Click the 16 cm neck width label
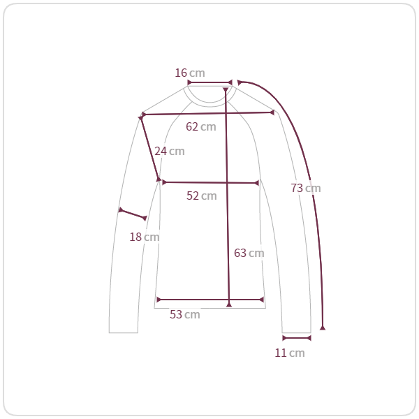point(190,73)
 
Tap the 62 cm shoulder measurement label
point(201,126)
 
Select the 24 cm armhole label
point(170,152)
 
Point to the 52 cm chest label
point(202,196)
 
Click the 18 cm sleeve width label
point(145,237)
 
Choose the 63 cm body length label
point(249,253)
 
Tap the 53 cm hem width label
point(185,314)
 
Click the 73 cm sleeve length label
point(306,188)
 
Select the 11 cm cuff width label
point(290,353)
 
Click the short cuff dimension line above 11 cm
point(297,338)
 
